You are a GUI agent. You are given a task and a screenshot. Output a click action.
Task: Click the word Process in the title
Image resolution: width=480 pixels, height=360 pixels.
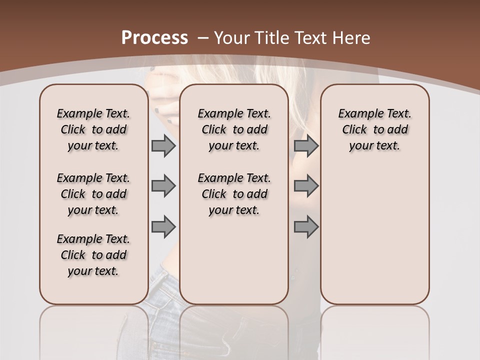154,37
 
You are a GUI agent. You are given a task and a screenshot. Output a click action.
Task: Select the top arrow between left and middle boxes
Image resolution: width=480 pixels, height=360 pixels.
163,146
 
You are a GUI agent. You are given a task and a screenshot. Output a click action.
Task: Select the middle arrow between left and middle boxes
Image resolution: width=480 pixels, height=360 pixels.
163,186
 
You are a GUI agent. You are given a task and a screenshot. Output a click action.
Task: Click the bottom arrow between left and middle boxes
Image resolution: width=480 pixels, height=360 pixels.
163,226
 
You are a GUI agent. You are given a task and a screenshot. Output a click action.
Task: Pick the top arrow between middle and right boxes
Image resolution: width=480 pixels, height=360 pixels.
306,146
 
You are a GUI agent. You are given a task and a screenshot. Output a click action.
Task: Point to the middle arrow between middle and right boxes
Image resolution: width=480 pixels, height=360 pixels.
306,186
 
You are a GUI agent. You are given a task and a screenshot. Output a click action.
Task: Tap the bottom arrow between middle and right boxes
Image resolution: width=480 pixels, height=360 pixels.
306,226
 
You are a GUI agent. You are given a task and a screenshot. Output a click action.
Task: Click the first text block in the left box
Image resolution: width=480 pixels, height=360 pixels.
93,129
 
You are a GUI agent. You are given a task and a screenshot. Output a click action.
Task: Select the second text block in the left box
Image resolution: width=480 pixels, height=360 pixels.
93,194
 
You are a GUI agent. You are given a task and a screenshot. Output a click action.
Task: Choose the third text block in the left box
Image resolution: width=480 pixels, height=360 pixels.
93,255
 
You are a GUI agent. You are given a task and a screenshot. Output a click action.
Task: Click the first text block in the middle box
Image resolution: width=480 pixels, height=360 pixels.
234,129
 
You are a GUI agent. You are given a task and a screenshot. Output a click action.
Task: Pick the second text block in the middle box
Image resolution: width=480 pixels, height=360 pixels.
234,194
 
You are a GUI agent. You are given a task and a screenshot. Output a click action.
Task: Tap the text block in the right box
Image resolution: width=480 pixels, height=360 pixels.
374,129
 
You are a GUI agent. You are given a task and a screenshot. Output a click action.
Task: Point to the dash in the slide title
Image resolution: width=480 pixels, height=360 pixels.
203,38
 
